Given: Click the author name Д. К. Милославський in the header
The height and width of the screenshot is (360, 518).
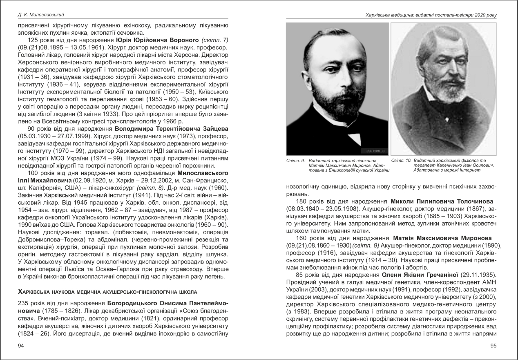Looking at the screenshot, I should [40, 15].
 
